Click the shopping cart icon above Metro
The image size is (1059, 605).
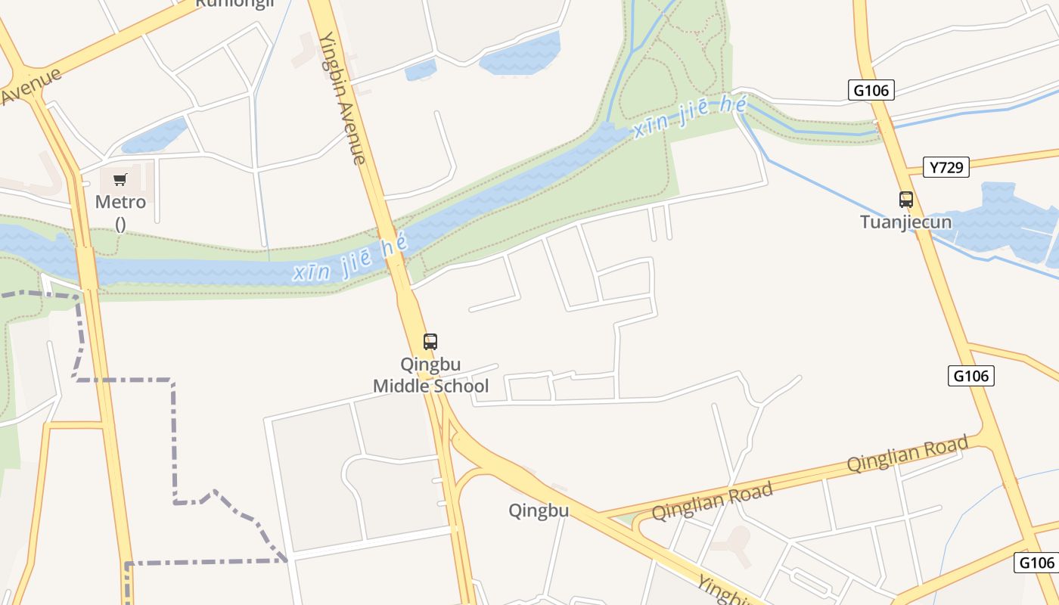click(x=120, y=180)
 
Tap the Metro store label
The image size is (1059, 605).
click(x=120, y=203)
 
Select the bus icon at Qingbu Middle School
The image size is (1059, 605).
click(x=430, y=342)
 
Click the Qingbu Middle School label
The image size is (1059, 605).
click(x=430, y=375)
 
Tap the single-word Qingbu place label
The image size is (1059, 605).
click(x=539, y=510)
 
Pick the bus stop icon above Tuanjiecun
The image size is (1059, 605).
click(x=906, y=200)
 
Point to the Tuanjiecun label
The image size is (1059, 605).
click(x=905, y=222)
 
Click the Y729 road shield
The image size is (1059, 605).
click(x=946, y=167)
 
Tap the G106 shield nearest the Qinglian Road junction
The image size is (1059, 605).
click(x=970, y=376)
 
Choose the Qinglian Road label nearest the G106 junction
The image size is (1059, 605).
click(x=907, y=453)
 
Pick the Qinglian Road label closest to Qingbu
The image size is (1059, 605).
click(x=712, y=501)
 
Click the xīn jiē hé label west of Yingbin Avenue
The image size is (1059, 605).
click(x=350, y=258)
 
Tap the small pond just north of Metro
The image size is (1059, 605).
click(x=154, y=135)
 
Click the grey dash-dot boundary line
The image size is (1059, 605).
click(x=173, y=439)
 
